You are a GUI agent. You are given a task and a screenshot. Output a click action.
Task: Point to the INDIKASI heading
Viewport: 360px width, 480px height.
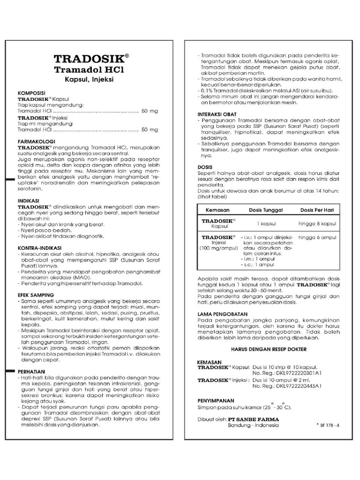tap(29, 200)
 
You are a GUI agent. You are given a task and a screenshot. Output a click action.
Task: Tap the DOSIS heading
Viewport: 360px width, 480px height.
tap(205, 167)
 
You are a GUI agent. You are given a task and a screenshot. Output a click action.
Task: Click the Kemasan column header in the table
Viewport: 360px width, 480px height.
tap(218, 210)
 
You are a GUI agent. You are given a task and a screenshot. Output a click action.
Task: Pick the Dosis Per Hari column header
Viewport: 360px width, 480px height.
tap(317, 210)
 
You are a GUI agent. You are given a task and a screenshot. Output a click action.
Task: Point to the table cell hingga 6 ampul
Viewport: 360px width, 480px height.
tap(317, 238)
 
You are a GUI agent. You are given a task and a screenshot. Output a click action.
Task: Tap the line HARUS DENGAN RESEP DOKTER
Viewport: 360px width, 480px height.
tap(269, 349)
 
